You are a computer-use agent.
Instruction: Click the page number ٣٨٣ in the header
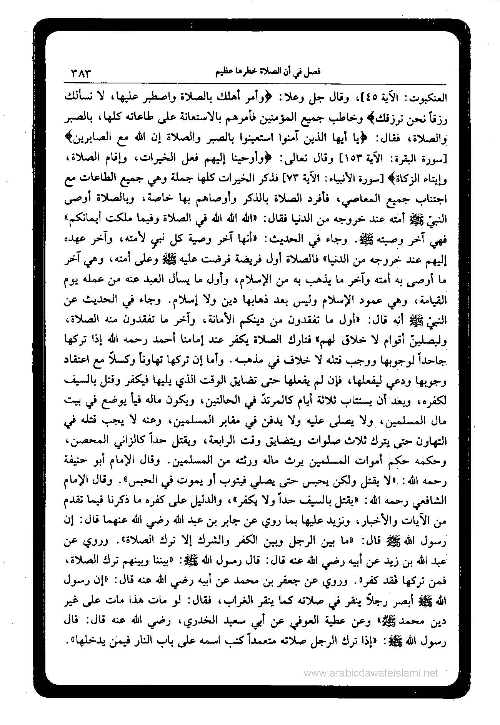click(82, 72)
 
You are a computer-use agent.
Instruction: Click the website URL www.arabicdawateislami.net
click(371, 673)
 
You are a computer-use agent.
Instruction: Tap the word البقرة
click(407, 158)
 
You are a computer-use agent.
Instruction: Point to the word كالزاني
click(126, 441)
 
